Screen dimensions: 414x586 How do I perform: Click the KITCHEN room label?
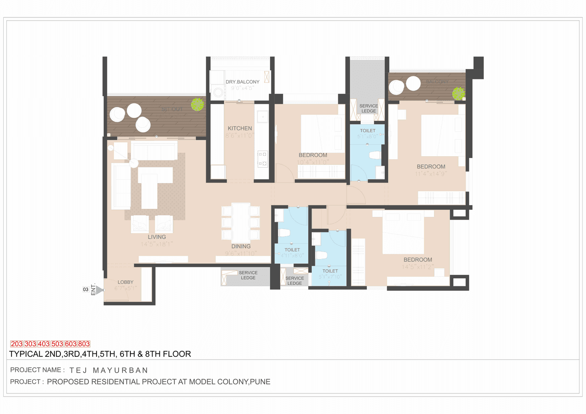click(x=240, y=128)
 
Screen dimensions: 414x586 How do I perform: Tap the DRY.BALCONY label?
click(x=242, y=82)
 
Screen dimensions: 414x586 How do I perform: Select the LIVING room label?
click(x=157, y=237)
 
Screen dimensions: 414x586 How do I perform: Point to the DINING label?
click(x=240, y=246)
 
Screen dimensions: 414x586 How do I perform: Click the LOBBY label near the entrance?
click(x=125, y=282)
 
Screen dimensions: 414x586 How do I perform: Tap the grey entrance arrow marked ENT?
click(x=99, y=289)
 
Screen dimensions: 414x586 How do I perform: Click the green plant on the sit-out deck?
click(x=197, y=104)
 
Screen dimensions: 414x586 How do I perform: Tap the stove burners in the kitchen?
click(x=263, y=158)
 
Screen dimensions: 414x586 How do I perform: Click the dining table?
click(x=240, y=222)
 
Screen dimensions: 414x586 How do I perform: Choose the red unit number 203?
click(x=16, y=344)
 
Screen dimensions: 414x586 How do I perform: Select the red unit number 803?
click(x=84, y=344)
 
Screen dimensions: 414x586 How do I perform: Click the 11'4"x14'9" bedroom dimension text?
click(x=431, y=174)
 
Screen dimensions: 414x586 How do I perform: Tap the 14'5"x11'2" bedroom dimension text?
click(x=417, y=267)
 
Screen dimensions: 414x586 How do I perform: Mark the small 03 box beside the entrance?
click(x=86, y=289)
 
